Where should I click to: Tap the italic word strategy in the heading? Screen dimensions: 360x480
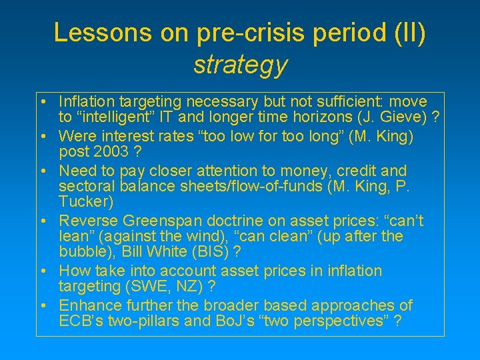[x=240, y=65]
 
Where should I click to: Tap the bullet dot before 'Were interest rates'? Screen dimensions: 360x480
[x=42, y=136]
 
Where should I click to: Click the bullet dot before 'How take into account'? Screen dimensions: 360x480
[x=42, y=271]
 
